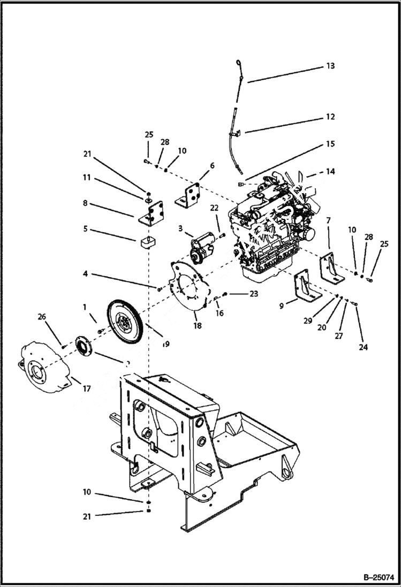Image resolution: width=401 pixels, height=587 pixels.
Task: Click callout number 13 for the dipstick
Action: pyautogui.click(x=330, y=66)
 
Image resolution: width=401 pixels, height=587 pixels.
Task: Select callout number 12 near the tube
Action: pyautogui.click(x=330, y=117)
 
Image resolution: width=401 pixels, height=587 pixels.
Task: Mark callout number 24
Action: pyautogui.click(x=364, y=347)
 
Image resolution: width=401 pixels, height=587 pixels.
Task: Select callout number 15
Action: pyautogui.click(x=330, y=144)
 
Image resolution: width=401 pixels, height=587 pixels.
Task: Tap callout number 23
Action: pyautogui.click(x=253, y=294)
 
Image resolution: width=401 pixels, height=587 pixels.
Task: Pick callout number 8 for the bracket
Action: pyautogui.click(x=85, y=203)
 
